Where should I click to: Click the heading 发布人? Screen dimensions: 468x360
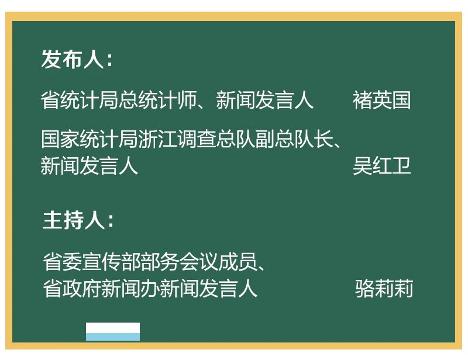(x=73, y=59)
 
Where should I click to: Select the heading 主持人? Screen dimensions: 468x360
(x=74, y=220)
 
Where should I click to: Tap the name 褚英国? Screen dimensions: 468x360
(x=382, y=100)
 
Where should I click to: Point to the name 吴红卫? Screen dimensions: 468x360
(x=382, y=165)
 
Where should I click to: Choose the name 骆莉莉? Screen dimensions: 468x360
(x=384, y=289)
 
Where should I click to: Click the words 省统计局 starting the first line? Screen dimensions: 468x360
(x=80, y=100)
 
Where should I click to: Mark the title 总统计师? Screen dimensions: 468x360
(x=157, y=100)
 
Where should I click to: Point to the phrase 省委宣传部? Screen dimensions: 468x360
(x=92, y=262)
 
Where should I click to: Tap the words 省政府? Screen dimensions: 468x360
(x=72, y=289)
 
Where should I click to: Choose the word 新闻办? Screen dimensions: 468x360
(x=130, y=289)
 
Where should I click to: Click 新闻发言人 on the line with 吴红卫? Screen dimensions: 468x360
(x=90, y=165)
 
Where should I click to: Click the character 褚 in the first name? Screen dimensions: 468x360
(x=362, y=100)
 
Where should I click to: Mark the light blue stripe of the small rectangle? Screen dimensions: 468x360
(x=113, y=337)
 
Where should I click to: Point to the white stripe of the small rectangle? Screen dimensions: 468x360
(x=113, y=328)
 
